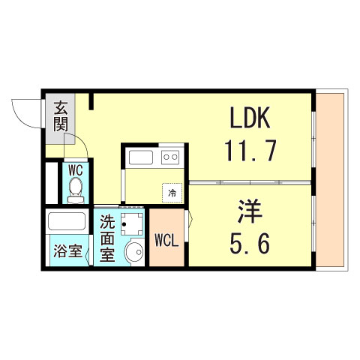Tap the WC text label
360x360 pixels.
click(75, 169)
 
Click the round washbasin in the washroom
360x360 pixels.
click(134, 253)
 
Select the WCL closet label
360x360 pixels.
click(166, 241)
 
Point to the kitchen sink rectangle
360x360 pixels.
click(140, 158)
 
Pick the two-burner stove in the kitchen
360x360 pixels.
click(171, 158)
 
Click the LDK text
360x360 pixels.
click(250, 121)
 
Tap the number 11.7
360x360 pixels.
click(250, 152)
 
